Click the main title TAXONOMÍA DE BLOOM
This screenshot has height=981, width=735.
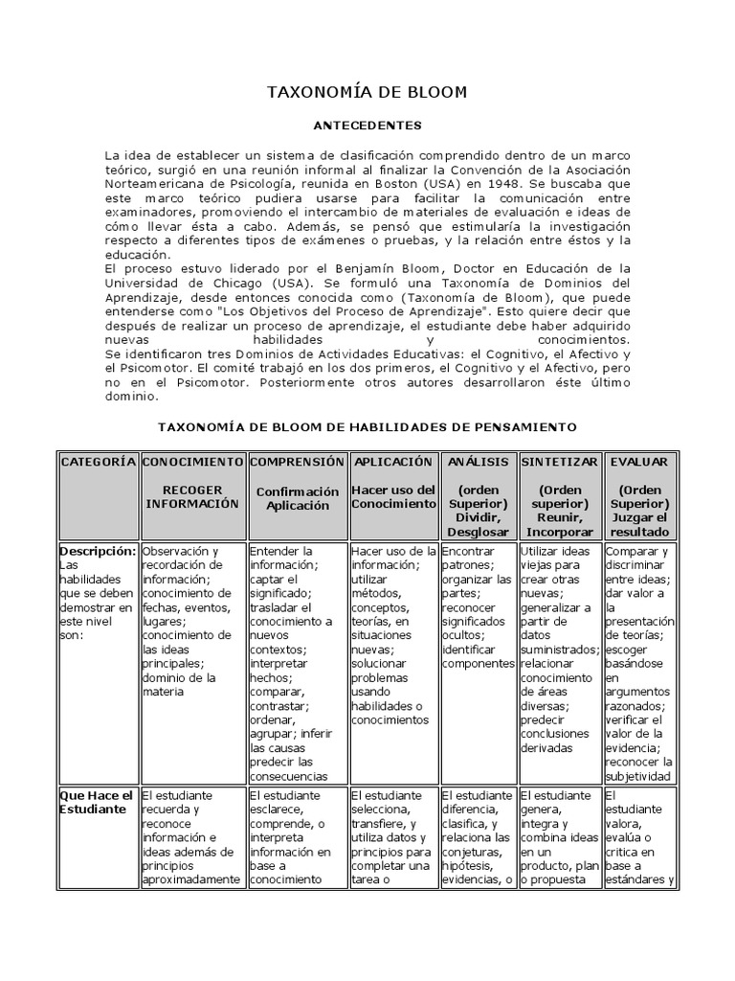pyautogui.click(x=367, y=93)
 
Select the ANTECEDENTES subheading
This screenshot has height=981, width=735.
pyautogui.click(x=367, y=125)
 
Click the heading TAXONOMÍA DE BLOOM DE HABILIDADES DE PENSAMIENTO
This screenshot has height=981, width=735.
pyautogui.click(x=367, y=424)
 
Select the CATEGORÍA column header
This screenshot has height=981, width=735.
pyautogui.click(x=99, y=462)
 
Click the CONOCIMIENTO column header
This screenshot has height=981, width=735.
pyautogui.click(x=192, y=462)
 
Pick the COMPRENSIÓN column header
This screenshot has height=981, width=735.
pyautogui.click(x=297, y=462)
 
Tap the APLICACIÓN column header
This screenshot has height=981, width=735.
pyautogui.click(x=393, y=462)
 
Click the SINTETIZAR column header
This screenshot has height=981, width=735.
pyautogui.click(x=559, y=462)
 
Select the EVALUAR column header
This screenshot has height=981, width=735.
pyautogui.click(x=639, y=462)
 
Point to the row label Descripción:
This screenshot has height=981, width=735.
pyautogui.click(x=98, y=552)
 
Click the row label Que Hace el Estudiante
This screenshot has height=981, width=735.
pyautogui.click(x=95, y=802)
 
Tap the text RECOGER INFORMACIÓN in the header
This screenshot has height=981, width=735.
pyautogui.click(x=192, y=496)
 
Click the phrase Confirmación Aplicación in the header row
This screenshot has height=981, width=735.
pyautogui.click(x=297, y=498)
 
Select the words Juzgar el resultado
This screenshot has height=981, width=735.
pyautogui.click(x=639, y=524)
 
